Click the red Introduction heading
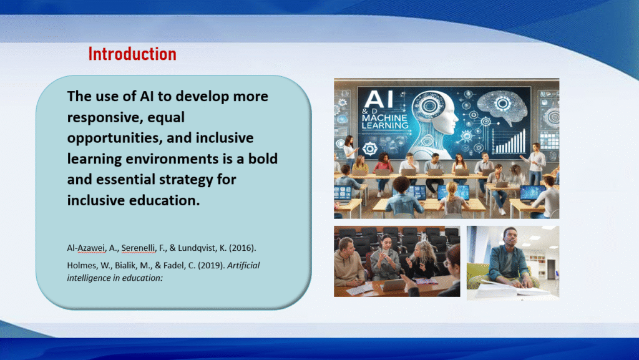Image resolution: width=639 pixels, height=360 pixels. pos(132,54)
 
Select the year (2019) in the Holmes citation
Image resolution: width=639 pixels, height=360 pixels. pos(212,266)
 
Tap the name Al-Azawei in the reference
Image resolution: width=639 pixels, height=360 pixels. pos(86,248)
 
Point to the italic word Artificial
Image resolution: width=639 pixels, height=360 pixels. pos(243,266)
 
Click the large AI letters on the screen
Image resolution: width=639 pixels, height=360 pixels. pos(379,100)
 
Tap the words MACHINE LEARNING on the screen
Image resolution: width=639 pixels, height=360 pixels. pos(384,122)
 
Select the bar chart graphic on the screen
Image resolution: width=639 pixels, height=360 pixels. pos(509,141)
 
